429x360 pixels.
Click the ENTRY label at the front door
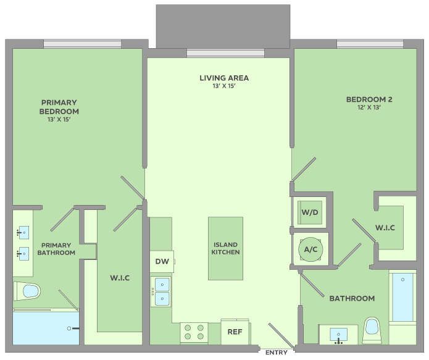point(277,353)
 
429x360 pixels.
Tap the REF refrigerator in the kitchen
point(235,332)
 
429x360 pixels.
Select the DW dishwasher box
point(162,261)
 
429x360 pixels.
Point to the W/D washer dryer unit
point(310,212)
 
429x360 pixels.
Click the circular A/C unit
point(310,249)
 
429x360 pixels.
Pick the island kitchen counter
point(225,249)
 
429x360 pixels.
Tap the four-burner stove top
point(194,332)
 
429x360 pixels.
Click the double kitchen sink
point(162,291)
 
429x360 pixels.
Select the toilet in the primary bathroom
point(27,291)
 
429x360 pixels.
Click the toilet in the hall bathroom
point(372,330)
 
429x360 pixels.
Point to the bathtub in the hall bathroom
point(402,297)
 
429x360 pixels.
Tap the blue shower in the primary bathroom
point(46,329)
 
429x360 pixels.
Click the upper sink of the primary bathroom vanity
point(24,233)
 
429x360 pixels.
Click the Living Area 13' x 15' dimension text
point(224,86)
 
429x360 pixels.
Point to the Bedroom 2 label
point(369,99)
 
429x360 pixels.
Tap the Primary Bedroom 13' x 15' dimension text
point(59,120)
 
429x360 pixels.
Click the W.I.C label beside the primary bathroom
point(120,278)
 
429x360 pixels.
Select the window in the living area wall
point(225,53)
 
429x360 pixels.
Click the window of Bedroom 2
point(370,44)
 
